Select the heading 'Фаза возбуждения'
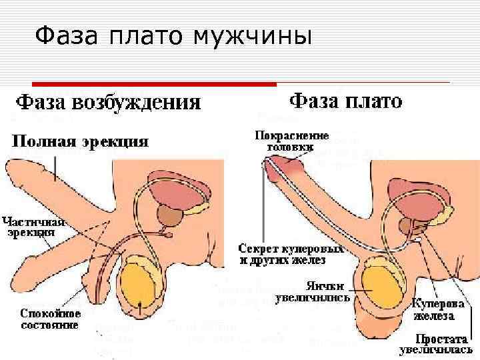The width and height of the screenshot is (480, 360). pyautogui.click(x=109, y=102)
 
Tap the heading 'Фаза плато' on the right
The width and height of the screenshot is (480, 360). pyautogui.click(x=346, y=101)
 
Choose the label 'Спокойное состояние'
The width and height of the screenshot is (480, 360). pyautogui.click(x=51, y=319)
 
